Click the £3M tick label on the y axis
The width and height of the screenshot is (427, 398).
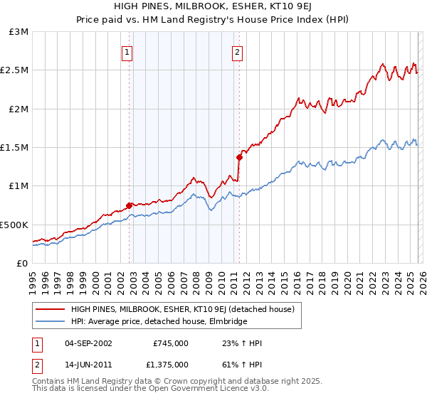pyautogui.click(x=19, y=32)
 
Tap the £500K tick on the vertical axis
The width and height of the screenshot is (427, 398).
pyautogui.click(x=14, y=225)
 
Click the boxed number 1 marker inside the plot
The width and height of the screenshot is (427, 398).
pyautogui.click(x=127, y=51)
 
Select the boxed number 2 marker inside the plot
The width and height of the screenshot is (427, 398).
pyautogui.click(x=237, y=51)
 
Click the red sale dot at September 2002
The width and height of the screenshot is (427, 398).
pyautogui.click(x=129, y=206)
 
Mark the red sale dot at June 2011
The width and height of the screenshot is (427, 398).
pyautogui.click(x=239, y=158)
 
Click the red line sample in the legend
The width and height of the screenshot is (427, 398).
pyautogui.click(x=50, y=309)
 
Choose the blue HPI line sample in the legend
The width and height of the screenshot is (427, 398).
pyautogui.click(x=50, y=321)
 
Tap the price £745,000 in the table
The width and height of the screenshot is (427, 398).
pyautogui.click(x=171, y=343)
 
